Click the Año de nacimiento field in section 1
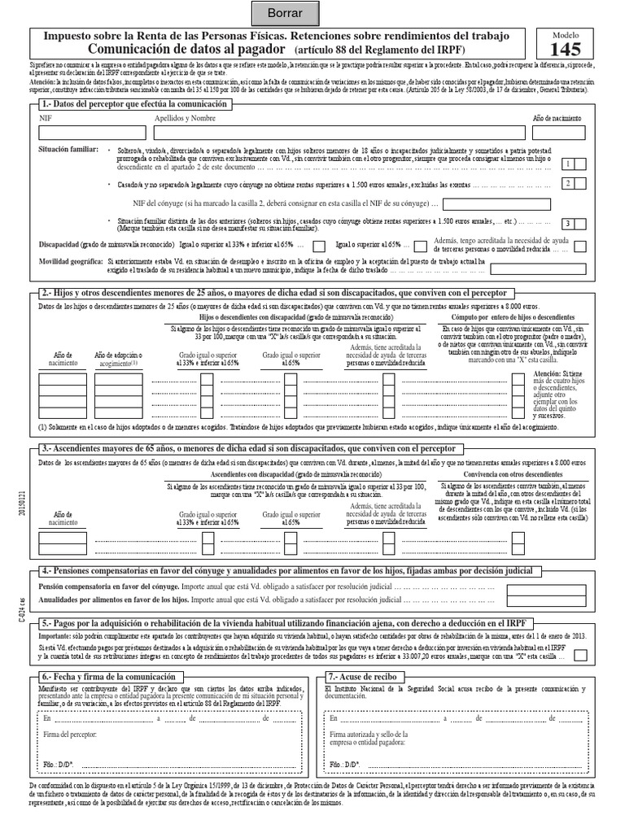(559, 133)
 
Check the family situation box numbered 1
(570, 164)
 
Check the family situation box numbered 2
(570, 184)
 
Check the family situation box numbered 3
(570, 224)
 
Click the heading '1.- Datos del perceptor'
(136, 105)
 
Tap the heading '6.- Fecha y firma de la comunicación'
(107, 677)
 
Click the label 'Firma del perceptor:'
(70, 734)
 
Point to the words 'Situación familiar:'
(69, 150)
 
